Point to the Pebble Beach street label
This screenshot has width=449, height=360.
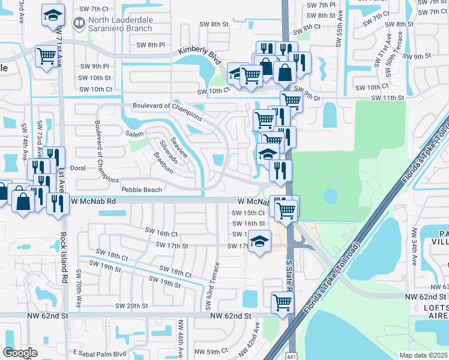click(x=142, y=190)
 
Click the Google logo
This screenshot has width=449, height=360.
click(x=20, y=353)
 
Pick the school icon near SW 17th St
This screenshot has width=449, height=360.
click(x=259, y=241)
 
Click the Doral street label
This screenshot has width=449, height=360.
click(x=79, y=169)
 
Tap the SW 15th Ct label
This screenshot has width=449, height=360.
click(x=249, y=212)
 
